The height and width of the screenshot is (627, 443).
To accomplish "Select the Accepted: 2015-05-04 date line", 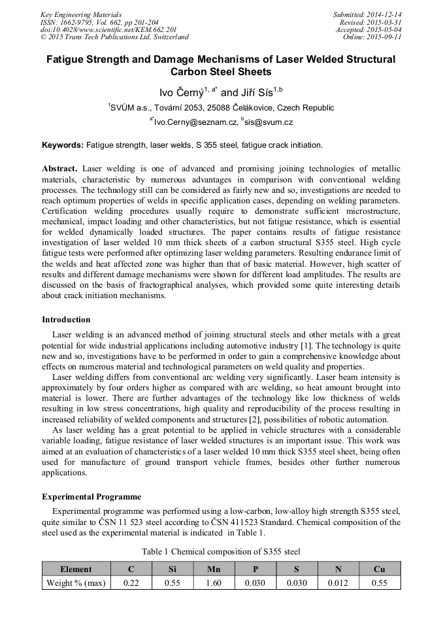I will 369,30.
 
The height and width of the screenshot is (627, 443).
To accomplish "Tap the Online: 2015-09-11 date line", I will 372,37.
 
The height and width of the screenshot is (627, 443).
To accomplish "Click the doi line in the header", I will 108,30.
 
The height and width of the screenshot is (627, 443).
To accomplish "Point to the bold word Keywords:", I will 63,144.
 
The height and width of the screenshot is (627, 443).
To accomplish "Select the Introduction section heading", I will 66,319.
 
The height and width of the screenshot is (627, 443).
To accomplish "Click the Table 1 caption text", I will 221,551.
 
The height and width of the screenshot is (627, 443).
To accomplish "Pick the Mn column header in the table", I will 214,569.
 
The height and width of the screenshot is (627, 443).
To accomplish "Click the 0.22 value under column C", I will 131,583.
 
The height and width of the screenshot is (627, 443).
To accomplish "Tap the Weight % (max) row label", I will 76,583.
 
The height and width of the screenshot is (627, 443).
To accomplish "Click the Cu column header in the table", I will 379,569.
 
